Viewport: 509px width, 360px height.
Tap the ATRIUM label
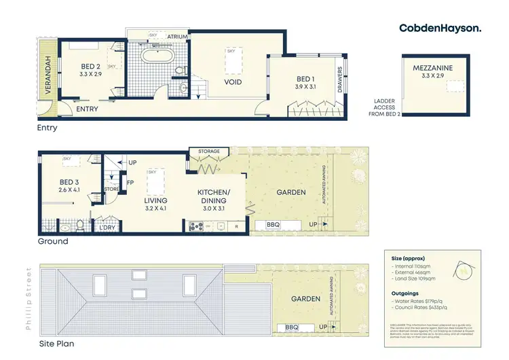click(178, 36)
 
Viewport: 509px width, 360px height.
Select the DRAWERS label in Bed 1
click(340, 80)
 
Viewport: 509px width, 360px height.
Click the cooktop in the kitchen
click(195, 227)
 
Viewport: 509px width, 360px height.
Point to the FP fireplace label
click(130, 183)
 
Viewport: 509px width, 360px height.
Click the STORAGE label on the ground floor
click(208, 151)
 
